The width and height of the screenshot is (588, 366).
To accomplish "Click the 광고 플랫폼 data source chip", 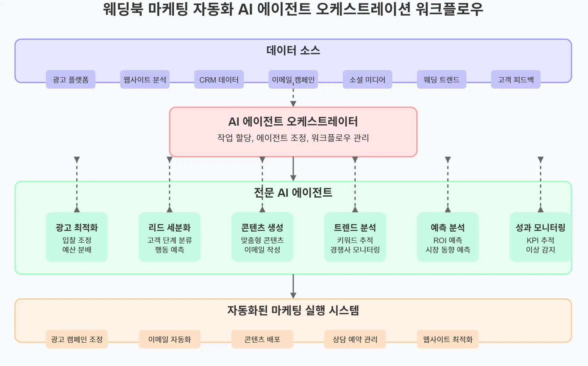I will point(70,80).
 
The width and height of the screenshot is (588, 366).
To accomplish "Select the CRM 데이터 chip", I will point(219,80).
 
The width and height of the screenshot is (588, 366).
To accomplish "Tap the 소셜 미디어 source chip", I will point(367,80).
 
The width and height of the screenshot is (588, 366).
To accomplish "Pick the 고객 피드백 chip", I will point(516,80).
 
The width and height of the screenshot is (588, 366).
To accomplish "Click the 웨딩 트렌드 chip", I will point(441,80).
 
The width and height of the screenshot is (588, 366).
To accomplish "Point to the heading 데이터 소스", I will point(293,50).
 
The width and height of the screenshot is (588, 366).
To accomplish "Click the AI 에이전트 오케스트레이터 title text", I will point(293,121).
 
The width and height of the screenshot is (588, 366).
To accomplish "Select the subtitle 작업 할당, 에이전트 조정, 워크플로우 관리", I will point(293,138).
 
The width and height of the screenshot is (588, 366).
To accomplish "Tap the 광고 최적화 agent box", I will point(77,237).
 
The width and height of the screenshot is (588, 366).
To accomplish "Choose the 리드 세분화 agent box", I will point(170,237).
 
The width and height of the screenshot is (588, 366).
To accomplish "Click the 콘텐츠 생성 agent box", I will point(262,237).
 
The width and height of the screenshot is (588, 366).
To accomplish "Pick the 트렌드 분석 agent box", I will point(355,237).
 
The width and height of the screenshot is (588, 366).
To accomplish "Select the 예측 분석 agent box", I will point(448,237).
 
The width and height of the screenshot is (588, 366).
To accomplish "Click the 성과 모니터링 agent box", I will point(540,237).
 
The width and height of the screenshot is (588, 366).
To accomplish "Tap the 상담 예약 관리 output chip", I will point(355,339).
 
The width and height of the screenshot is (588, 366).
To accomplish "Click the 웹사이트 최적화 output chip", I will point(448,339).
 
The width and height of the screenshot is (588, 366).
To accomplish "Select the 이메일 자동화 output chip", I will point(170,339).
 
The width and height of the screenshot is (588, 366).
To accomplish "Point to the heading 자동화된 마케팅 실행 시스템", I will point(293,310).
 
